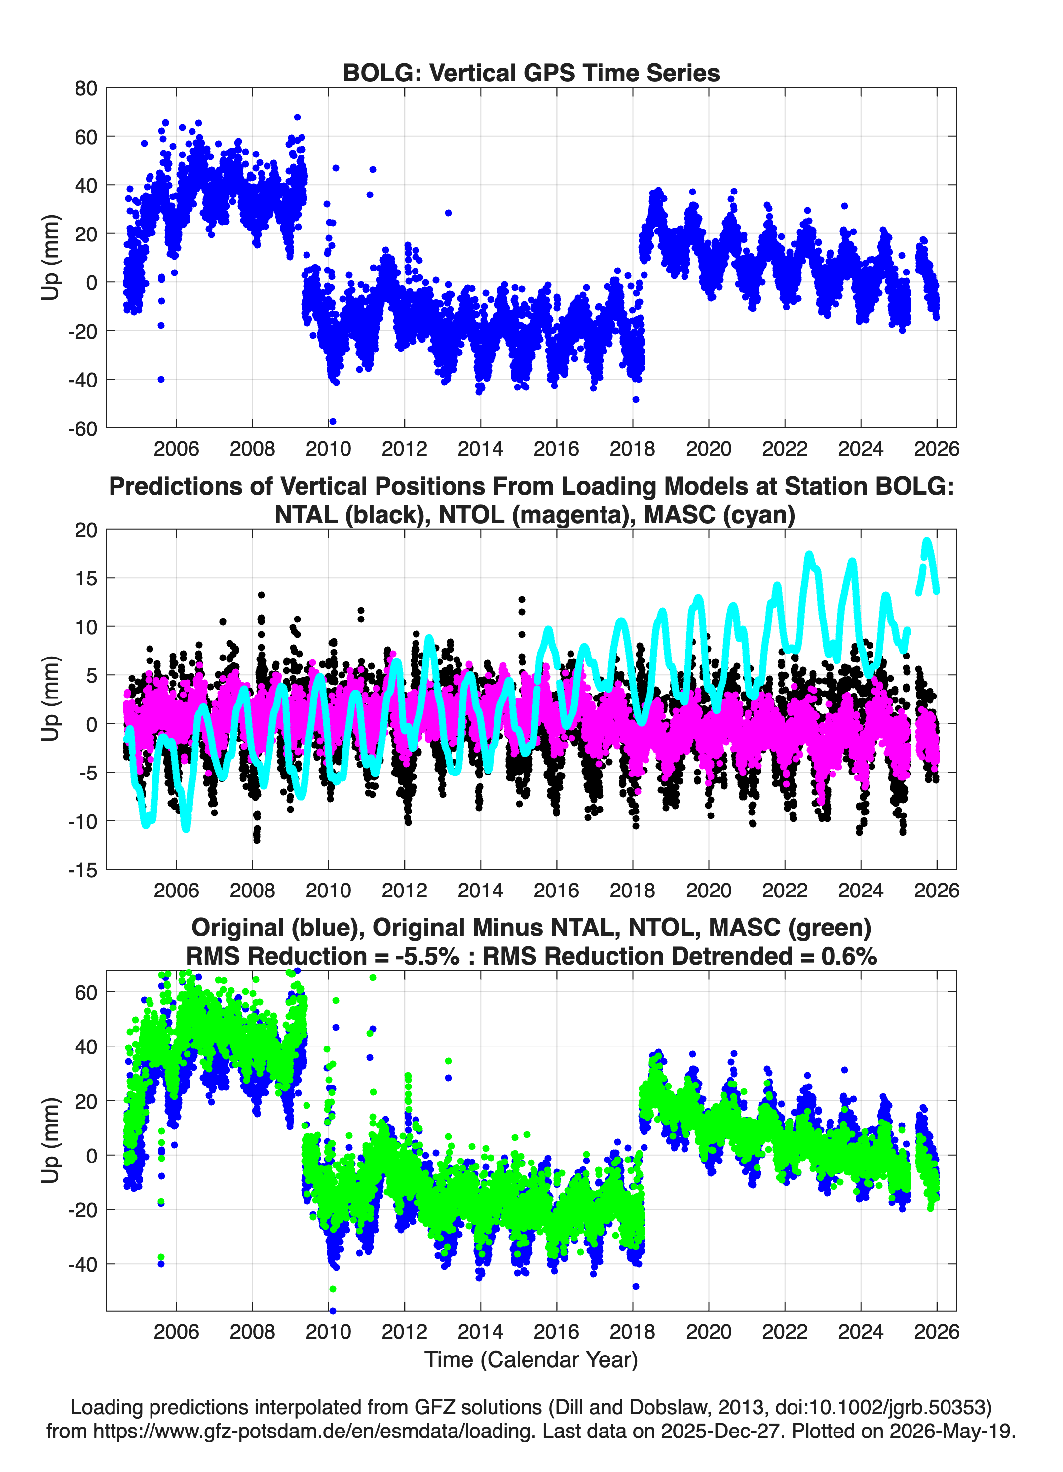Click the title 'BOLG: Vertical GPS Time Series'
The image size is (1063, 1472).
531,73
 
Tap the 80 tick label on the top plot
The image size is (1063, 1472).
86,88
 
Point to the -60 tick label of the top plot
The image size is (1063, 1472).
82,428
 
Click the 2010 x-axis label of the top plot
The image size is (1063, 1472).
328,449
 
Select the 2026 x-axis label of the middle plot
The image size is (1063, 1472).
937,890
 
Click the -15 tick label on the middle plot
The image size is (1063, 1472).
82,870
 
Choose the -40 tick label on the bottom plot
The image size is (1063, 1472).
82,1264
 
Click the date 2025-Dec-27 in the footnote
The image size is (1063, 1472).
720,1431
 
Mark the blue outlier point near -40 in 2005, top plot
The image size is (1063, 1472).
161,379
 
